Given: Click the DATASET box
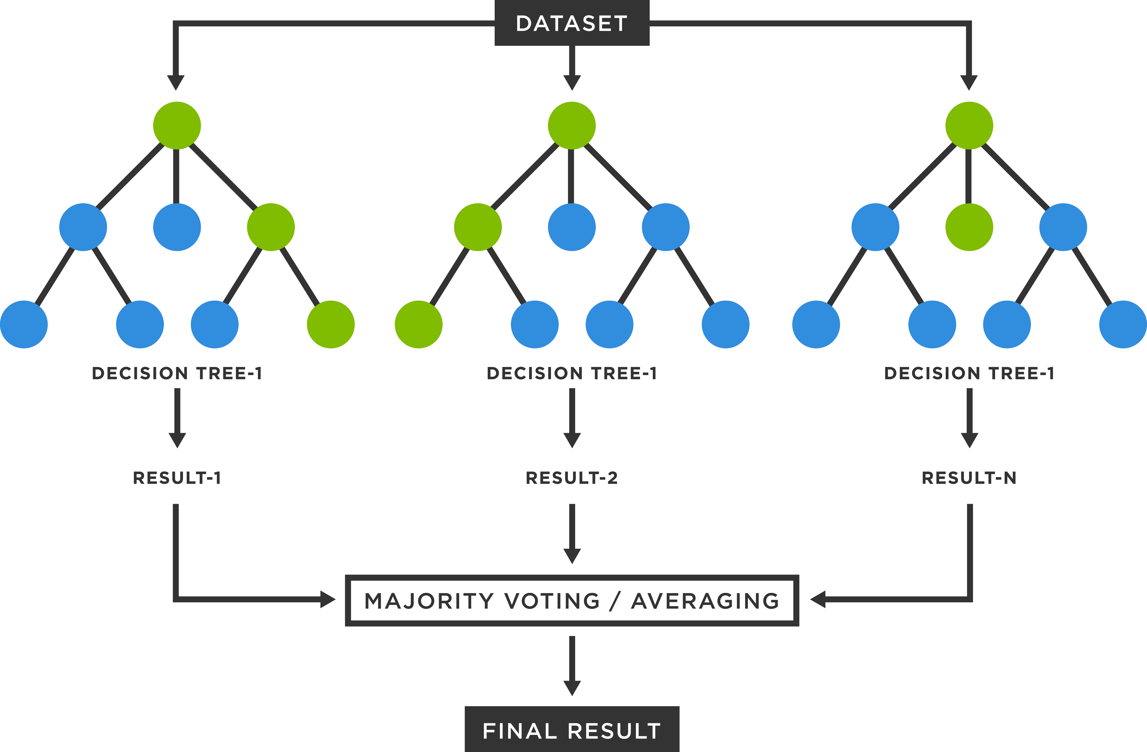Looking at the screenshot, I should pos(572,23).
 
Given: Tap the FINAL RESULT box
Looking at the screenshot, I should pos(572,730).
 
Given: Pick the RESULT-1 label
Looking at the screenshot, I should pos(177,478).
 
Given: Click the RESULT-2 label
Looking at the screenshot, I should pos(572,478).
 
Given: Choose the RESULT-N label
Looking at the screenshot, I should pos(969,478).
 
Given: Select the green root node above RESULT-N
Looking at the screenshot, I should pos(969,125).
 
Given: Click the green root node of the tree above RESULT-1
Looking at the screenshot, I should pos(177,125).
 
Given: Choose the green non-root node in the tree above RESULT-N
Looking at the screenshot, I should pos(969,227).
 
